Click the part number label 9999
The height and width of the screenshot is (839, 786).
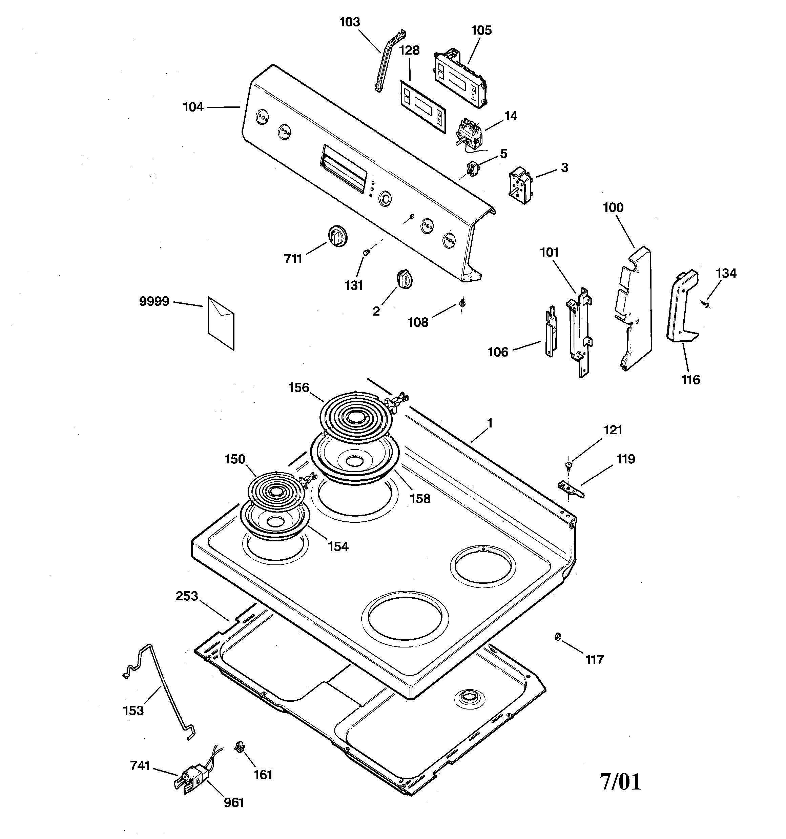[154, 301]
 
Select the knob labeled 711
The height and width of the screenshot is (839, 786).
[337, 236]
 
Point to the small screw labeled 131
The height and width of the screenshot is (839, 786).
[366, 252]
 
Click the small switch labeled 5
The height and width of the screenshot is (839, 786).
[473, 168]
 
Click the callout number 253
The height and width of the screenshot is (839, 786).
[187, 596]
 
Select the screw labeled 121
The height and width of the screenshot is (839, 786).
[568, 465]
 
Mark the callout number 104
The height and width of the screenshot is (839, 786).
[193, 107]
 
